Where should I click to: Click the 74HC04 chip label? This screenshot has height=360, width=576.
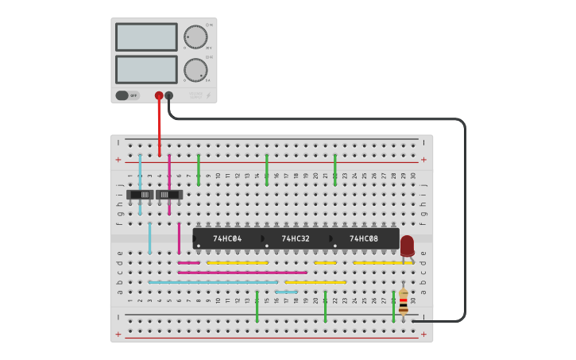pos(227,238)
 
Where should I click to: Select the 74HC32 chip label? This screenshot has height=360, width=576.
pos(296,238)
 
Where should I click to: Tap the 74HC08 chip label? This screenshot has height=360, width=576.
pos(364,238)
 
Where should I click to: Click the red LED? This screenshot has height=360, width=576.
pos(407,246)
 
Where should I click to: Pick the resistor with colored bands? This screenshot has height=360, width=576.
pos(404,301)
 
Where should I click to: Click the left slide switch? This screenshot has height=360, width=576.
pos(141,195)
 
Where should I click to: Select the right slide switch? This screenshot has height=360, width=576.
pos(168,195)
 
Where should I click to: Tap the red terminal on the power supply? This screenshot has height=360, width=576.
pos(159,95)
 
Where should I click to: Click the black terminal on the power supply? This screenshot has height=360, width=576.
pos(168,95)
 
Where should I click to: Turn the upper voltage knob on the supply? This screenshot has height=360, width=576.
pos(195,37)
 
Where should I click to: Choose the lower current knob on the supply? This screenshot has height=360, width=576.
pos(195,70)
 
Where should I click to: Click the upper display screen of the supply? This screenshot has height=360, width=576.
pos(146,37)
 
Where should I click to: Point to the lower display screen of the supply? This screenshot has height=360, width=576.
pos(146,69)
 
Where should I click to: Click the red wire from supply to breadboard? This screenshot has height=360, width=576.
pos(159,127)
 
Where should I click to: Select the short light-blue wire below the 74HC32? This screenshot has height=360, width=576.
pos(286,292)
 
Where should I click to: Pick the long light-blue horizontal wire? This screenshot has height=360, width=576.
pos(213,282)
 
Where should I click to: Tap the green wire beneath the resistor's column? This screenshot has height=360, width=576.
pos(393,307)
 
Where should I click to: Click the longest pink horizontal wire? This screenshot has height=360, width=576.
pos(242,273)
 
